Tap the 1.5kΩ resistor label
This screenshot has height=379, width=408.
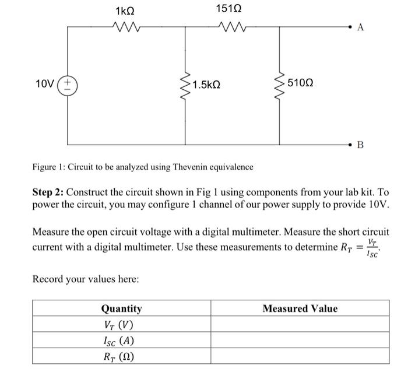[206, 85]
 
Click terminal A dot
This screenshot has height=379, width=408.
[351, 27]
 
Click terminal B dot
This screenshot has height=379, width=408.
[351, 143]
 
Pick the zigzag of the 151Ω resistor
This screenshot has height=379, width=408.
[228, 27]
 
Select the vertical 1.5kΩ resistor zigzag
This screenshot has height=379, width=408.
[185, 85]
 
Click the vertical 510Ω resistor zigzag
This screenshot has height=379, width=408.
[280, 85]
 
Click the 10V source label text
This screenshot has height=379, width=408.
[45, 84]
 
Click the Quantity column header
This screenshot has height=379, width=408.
[121, 308]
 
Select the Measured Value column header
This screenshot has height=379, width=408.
[300, 308]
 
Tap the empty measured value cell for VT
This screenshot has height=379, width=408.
[300, 325]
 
